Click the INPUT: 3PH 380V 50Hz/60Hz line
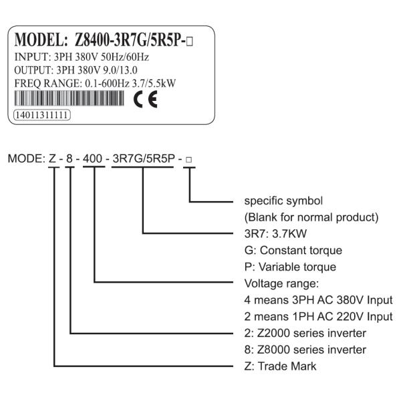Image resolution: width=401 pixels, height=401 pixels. click(82, 57)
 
